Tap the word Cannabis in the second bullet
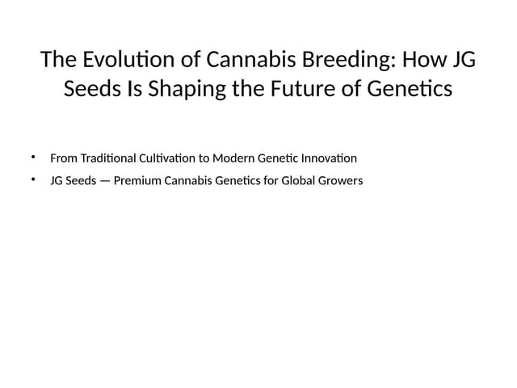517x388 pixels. [x=188, y=180]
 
